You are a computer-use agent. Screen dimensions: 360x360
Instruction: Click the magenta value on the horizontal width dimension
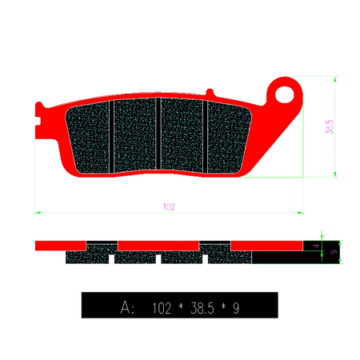point(168,206)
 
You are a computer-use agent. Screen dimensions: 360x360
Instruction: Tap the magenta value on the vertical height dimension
point(328,126)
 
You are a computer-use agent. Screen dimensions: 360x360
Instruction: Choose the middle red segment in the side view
point(158,245)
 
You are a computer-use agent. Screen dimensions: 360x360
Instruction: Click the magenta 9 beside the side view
point(334,252)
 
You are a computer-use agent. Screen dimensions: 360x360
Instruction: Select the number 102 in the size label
point(162,306)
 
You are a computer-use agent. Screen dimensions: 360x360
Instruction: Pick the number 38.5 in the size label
point(203,306)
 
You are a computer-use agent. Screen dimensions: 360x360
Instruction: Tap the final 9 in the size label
point(236,306)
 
